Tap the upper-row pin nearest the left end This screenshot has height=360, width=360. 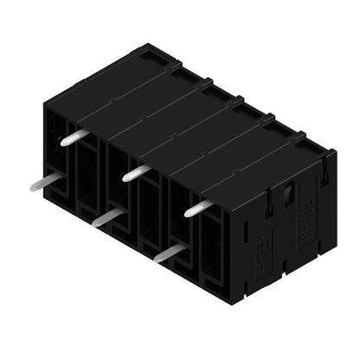[71, 137]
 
